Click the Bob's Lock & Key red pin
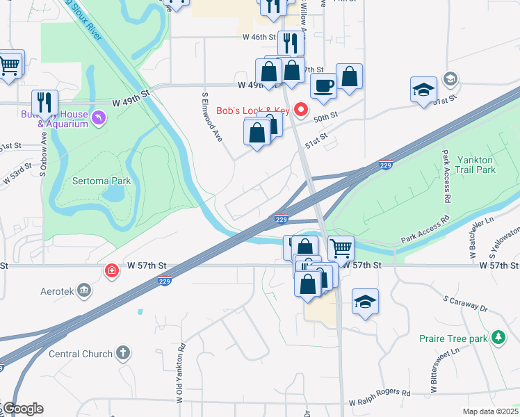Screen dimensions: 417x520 point(301,110)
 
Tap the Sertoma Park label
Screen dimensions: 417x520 point(102,181)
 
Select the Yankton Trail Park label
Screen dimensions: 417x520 point(476,164)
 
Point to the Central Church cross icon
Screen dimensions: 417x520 point(123,353)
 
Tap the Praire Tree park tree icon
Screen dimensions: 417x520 point(498,338)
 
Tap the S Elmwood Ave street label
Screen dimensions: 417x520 point(211,117)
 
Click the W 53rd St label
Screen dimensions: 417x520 point(16,174)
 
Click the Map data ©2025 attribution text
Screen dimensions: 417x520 point(490,411)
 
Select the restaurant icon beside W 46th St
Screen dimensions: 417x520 point(291,44)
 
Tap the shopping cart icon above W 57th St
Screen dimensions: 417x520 point(341,247)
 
